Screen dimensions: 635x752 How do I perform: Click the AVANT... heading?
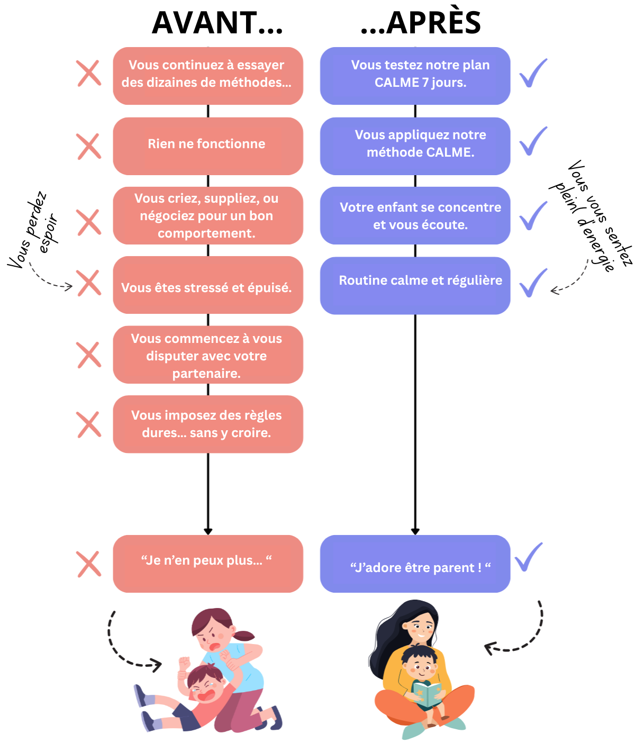(x=217, y=23)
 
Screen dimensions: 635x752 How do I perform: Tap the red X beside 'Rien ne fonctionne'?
(x=89, y=146)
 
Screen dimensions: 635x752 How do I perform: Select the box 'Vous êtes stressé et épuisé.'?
(x=208, y=285)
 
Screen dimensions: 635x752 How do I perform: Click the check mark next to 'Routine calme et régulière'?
(x=533, y=283)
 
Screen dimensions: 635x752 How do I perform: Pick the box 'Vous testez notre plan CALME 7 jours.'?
(x=415, y=76)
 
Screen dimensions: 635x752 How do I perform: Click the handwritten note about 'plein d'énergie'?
(x=591, y=216)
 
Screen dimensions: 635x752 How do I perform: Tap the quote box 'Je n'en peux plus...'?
(x=208, y=564)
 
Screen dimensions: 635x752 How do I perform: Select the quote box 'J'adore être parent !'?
(x=415, y=564)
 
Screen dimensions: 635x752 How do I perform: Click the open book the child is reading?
(x=427, y=694)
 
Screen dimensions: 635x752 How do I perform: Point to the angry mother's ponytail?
(x=244, y=636)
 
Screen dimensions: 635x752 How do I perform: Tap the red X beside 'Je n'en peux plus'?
(x=89, y=564)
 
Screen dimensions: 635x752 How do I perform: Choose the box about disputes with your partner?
(x=208, y=355)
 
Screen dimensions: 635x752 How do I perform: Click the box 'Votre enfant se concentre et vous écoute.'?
(x=415, y=215)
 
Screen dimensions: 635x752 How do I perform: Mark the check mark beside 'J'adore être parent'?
(x=529, y=557)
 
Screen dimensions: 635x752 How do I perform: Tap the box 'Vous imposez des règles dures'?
(x=208, y=424)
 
